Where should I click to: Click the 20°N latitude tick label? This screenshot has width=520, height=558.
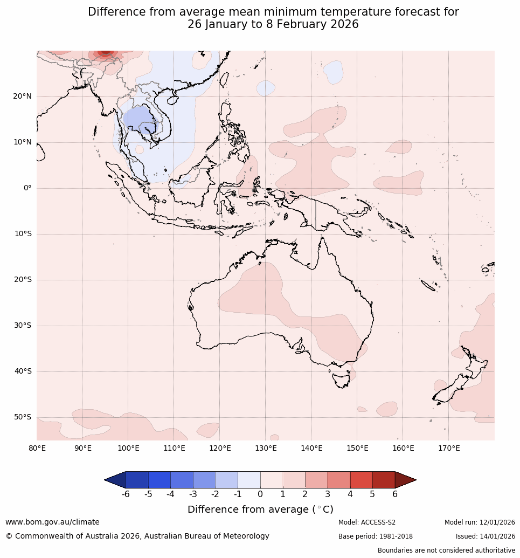pos(22,97)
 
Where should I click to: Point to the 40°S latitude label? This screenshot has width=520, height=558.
pos(22,371)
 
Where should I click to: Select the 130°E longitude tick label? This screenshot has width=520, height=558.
pos(266,448)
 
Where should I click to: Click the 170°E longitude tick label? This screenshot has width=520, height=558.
pos(449,448)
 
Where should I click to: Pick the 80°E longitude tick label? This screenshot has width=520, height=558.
pos(37,448)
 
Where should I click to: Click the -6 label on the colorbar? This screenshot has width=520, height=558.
pos(126,494)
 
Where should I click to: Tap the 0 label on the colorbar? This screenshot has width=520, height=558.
pos(260,494)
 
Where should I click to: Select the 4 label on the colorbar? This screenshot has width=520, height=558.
pos(350,494)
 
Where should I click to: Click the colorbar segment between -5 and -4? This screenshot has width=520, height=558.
pos(160,480)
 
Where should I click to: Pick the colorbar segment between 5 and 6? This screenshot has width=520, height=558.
pos(384,480)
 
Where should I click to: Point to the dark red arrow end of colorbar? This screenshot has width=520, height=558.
pos(405,480)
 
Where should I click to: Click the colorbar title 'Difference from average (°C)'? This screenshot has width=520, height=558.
pos(260,509)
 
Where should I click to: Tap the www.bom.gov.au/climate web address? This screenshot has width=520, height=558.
pos(52,522)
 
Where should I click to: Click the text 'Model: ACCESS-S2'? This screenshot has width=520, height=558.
pos(367,522)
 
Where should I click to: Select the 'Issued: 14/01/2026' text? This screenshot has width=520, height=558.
pos(486,536)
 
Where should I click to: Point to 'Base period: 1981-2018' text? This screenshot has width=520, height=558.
pos(376,536)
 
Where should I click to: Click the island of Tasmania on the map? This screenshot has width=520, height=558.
pos(341,379)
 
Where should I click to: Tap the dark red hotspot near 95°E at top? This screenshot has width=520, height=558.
pos(105,52)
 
